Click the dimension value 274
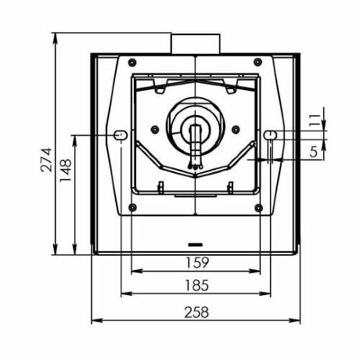tap(46, 160)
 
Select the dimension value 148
tap(65, 171)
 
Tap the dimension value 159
tap(197, 263)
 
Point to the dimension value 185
tap(197, 286)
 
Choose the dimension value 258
tap(196, 312)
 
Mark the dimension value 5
tap(313, 152)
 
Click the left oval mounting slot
tap(121, 135)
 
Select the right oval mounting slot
tap(270, 135)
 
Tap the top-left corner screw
tap(132, 63)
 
